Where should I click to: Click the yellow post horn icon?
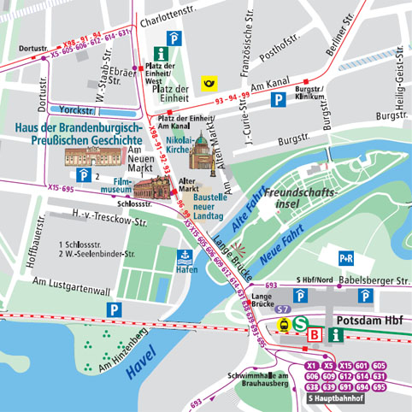207,83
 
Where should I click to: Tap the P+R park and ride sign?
346,257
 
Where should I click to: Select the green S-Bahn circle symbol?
301,323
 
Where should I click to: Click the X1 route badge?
313,366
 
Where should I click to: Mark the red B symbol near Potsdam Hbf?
315,335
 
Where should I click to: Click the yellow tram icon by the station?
281,325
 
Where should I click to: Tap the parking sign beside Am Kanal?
278,101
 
